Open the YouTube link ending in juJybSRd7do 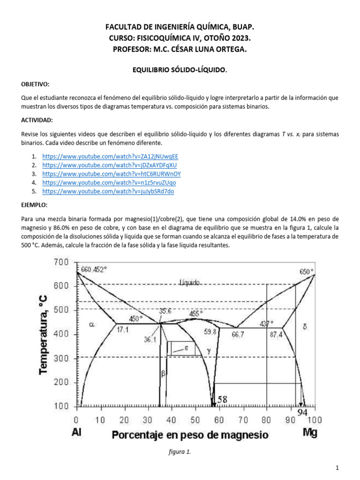click(x=108, y=191)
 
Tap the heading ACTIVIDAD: click(x=37, y=120)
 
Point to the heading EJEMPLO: click(x=34, y=205)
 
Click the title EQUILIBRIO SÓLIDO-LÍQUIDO click(x=180, y=69)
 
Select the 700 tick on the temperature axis click(x=62, y=262)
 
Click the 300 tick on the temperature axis click(x=62, y=359)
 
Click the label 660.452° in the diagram click(x=94, y=270)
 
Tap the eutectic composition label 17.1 click(x=123, y=330)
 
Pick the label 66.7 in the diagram click(x=238, y=334)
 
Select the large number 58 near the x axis click(x=222, y=399)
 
